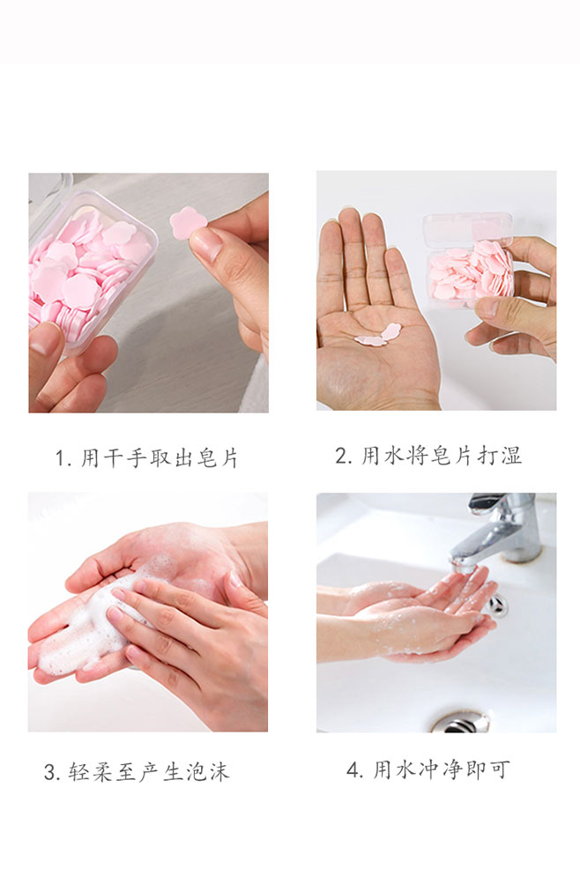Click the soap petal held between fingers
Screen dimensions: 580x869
pos(188,223)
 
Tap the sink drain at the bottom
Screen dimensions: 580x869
pos(461,722)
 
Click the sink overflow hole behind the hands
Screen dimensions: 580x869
pos(498,605)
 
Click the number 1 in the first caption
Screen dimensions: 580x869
pos(60,459)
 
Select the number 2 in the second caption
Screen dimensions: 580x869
pos(342,456)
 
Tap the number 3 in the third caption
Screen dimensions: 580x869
pos(51,771)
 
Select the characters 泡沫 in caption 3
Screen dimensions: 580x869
pos(208,771)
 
